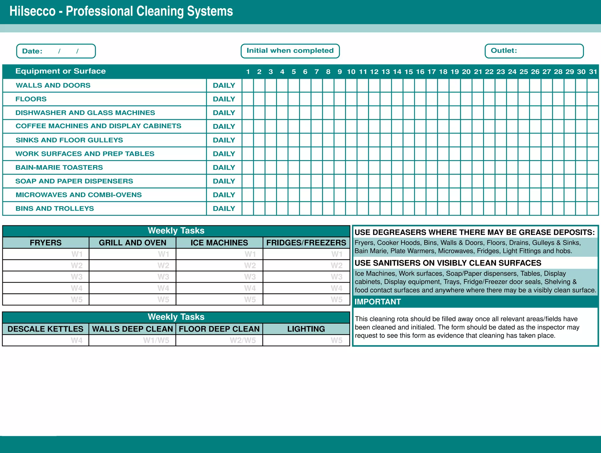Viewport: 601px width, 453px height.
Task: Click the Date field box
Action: (56, 51)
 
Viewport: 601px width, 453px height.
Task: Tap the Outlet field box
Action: (534, 51)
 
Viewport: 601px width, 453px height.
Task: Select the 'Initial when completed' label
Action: (290, 51)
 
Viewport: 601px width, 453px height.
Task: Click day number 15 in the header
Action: (408, 72)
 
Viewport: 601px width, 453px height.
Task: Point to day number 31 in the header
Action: (593, 72)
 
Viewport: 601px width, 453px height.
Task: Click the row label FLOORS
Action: (31, 99)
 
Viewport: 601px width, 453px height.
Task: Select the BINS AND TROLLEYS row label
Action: (55, 209)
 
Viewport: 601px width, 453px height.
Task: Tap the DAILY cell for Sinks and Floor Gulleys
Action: (224, 140)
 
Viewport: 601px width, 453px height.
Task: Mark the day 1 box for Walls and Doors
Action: (248, 85)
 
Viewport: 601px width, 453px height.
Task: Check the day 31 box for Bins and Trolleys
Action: (593, 209)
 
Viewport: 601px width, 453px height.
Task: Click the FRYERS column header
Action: (46, 243)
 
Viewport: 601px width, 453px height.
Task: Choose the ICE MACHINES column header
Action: (219, 243)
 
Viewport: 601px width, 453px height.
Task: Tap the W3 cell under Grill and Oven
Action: (132, 277)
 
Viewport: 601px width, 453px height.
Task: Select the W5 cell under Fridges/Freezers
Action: (306, 300)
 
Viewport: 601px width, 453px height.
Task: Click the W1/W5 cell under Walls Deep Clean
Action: (132, 340)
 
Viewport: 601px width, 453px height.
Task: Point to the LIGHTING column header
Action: (306, 329)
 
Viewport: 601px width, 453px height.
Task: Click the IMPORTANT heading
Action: (378, 302)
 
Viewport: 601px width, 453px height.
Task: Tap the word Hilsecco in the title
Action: (33, 11)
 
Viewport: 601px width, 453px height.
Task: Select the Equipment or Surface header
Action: (60, 71)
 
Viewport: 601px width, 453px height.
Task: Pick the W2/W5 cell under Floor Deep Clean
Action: (219, 340)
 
